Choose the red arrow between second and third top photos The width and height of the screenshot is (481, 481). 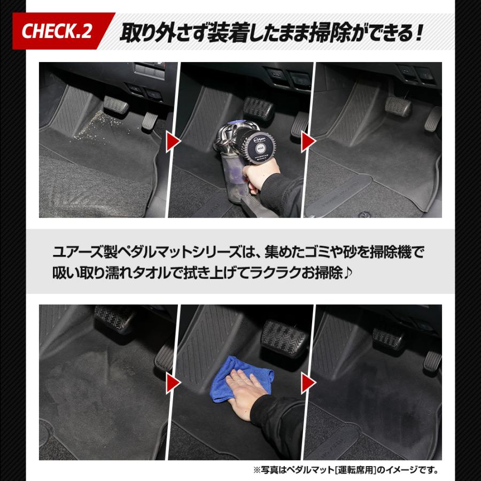pos(308,142)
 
